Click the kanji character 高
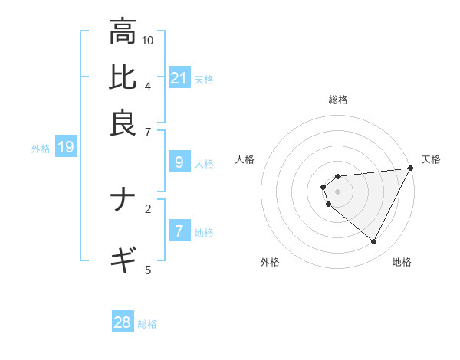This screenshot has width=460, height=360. pos(123,32)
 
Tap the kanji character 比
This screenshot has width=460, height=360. pos(123,77)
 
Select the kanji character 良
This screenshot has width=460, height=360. pos(123,123)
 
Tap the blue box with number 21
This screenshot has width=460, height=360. pos(179,77)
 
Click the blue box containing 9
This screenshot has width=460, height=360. pos(179,162)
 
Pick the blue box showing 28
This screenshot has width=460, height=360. pos(123,322)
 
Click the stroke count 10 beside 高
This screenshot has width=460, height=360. pos(148,40)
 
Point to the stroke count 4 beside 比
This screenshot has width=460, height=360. pos(148,85)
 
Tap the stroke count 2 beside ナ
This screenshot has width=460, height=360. pos(148,208)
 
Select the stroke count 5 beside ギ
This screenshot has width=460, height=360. pos(148,269)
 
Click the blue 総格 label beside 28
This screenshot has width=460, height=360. pos(147,324)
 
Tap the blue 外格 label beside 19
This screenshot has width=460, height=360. pos(40,149)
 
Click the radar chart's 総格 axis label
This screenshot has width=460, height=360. pos(337,100)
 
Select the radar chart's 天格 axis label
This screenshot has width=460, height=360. pos(431,159)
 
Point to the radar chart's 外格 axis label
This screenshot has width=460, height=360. pos(270,262)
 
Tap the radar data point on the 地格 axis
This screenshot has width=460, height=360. pos(374,242)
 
